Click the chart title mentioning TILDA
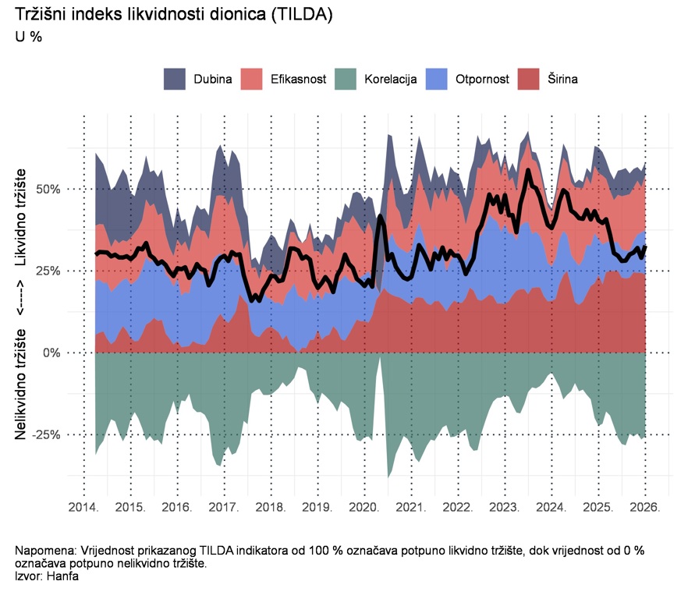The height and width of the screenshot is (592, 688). [x=174, y=16]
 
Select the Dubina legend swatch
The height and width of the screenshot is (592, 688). [x=175, y=79]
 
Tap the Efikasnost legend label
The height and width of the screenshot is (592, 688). [x=298, y=79]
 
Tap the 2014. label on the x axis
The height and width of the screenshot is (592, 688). [x=83, y=508]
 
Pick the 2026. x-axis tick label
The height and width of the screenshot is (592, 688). [x=645, y=508]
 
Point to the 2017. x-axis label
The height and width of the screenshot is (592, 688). [x=224, y=508]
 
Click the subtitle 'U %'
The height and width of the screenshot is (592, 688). [x=29, y=36]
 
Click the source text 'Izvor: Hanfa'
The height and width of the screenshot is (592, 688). [x=47, y=576]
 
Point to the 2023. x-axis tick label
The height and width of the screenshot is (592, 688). [x=505, y=508]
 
